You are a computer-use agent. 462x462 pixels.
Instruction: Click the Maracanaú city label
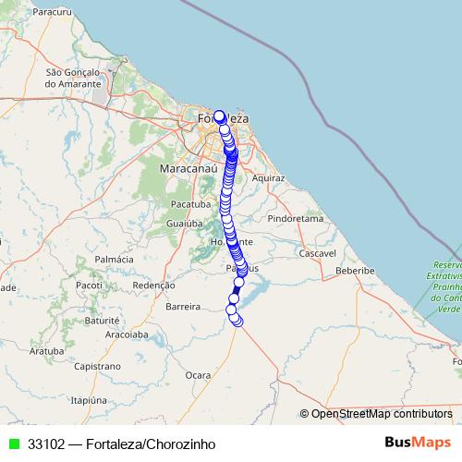tap(188, 171)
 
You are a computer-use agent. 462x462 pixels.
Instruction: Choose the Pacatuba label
tap(191, 203)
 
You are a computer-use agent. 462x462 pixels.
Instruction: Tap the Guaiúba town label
tap(184, 224)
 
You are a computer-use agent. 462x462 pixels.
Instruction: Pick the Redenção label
tap(154, 286)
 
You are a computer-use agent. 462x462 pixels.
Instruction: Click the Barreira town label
tap(183, 305)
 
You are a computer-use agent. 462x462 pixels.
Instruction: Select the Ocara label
tap(198, 375)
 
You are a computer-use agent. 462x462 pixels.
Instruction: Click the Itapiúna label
tap(91, 400)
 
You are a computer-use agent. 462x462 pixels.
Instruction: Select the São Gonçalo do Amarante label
tap(71, 77)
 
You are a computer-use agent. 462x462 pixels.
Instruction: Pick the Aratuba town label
tap(46, 351)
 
